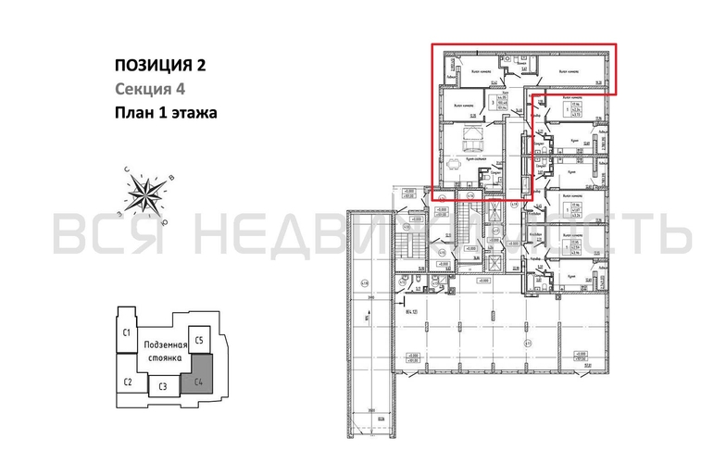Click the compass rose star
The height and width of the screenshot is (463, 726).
[x=145, y=194]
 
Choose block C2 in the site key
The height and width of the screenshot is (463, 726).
[x=129, y=382]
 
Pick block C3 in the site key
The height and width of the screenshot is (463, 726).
[x=162, y=386]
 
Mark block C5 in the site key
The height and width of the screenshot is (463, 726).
[x=200, y=339]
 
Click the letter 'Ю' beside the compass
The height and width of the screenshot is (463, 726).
[x=164, y=221]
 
